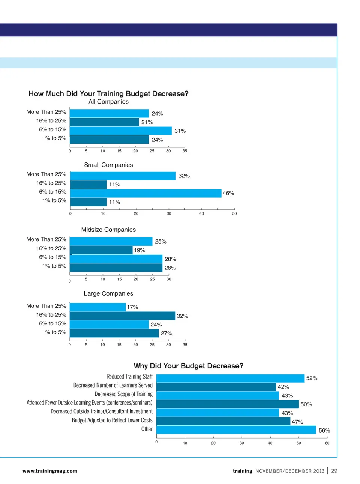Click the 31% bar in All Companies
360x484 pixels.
point(121,131)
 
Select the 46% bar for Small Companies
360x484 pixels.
point(146,193)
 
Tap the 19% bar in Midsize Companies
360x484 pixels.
point(101,250)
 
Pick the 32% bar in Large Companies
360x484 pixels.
point(122,316)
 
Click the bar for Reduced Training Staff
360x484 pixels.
point(230,378)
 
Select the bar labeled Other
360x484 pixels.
point(236,430)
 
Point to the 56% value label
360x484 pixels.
point(324,431)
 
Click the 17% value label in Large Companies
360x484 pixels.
point(132,307)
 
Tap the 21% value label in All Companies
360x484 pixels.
point(147,122)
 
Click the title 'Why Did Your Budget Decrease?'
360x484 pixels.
point(189,366)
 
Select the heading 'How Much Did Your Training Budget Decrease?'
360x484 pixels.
point(108,94)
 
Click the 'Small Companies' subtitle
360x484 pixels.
point(108,165)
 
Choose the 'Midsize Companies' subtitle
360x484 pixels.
point(108,230)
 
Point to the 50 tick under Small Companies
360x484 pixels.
point(234,213)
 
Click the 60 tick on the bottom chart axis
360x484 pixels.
point(327,443)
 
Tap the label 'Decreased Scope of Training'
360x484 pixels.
point(123,394)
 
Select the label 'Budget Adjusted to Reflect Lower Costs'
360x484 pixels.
point(112,421)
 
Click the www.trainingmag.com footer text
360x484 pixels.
point(50,471)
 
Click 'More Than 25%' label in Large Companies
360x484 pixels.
point(46,306)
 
